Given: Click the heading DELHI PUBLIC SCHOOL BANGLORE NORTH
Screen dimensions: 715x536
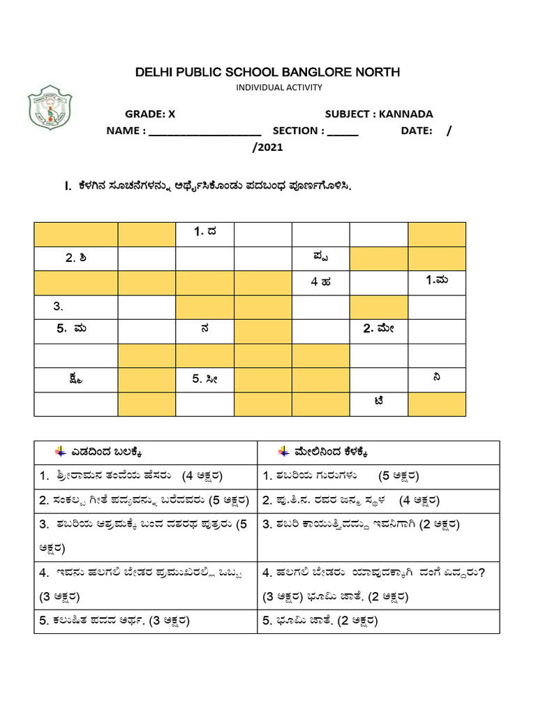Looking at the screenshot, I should pos(268,73).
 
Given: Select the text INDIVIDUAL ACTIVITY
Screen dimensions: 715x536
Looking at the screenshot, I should pos(278,87).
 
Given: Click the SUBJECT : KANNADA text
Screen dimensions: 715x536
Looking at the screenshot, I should pos(378,114).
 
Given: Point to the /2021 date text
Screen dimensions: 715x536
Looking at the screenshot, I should pos(267,147).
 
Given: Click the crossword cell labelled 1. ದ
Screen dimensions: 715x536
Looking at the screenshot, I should pos(204,234).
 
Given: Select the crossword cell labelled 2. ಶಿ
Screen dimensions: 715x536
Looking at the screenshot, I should pos(76,258).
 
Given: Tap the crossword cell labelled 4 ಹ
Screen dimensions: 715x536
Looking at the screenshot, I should pos(320,282).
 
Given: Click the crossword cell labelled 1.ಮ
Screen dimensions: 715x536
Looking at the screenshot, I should pos(437,282).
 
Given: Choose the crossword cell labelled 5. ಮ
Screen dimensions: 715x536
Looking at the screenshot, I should pos(76,330).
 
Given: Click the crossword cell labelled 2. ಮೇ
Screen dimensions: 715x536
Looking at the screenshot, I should pos(378,330).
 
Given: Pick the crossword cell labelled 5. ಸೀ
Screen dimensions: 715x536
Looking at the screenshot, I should pos(204,379).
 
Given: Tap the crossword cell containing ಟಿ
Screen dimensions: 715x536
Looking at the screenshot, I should pos(378,404).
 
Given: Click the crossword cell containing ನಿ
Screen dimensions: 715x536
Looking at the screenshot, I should pos(437,379).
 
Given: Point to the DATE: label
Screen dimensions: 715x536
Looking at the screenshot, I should pos(417,131).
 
